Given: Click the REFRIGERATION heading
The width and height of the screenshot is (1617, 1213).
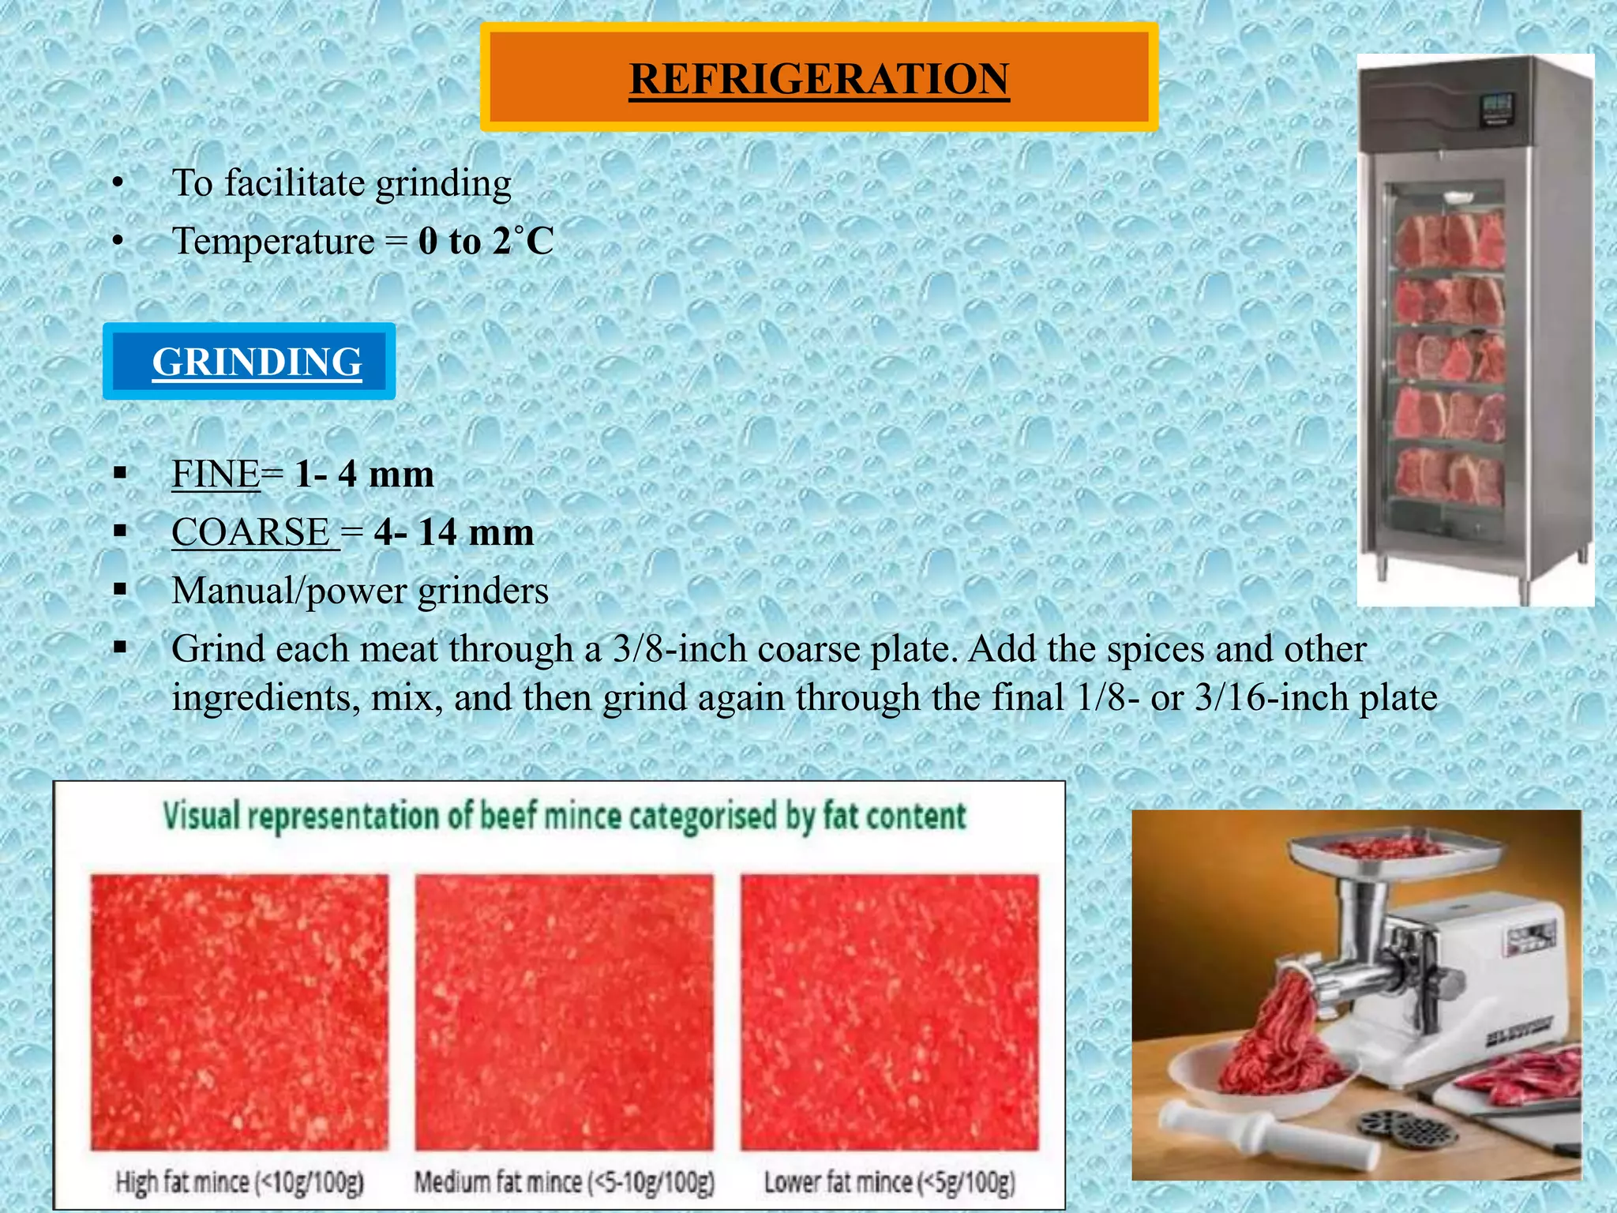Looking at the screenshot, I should click(819, 78).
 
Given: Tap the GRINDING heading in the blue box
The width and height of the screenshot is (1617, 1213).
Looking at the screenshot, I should click(257, 362).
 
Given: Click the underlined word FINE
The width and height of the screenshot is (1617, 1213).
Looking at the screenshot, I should click(216, 474).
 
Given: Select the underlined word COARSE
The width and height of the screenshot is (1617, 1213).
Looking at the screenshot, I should click(251, 531).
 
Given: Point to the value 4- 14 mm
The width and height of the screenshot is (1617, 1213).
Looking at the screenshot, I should click(454, 531).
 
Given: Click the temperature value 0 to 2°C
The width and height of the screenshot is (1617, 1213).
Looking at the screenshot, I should click(486, 241).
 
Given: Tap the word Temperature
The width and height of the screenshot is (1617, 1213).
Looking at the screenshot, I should click(273, 241).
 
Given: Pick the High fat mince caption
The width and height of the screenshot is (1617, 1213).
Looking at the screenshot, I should click(239, 1182).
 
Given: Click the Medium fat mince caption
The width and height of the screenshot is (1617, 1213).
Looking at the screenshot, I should click(564, 1182).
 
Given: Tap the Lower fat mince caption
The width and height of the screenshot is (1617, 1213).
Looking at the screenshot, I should click(889, 1182).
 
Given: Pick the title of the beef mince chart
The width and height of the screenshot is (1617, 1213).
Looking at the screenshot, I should click(564, 817).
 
